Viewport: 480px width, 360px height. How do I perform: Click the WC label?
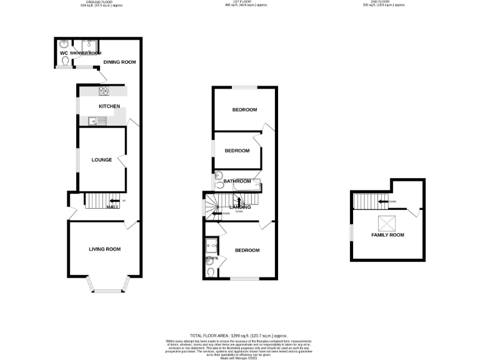(x=64, y=53)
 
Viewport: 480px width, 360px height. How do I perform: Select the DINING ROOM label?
(x=119, y=62)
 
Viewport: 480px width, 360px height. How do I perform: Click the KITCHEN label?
(x=109, y=106)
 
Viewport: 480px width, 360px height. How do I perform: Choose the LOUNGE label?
(x=102, y=160)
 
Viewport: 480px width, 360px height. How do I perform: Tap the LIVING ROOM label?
(x=104, y=249)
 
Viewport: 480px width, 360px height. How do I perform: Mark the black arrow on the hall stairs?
(x=114, y=201)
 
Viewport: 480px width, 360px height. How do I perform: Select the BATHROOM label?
(x=237, y=182)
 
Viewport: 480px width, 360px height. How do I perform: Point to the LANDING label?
(x=241, y=207)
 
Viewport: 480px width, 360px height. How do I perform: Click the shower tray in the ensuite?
(x=211, y=245)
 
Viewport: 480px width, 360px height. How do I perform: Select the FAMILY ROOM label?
(x=388, y=235)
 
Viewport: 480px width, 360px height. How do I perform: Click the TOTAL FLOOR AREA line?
(x=239, y=336)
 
